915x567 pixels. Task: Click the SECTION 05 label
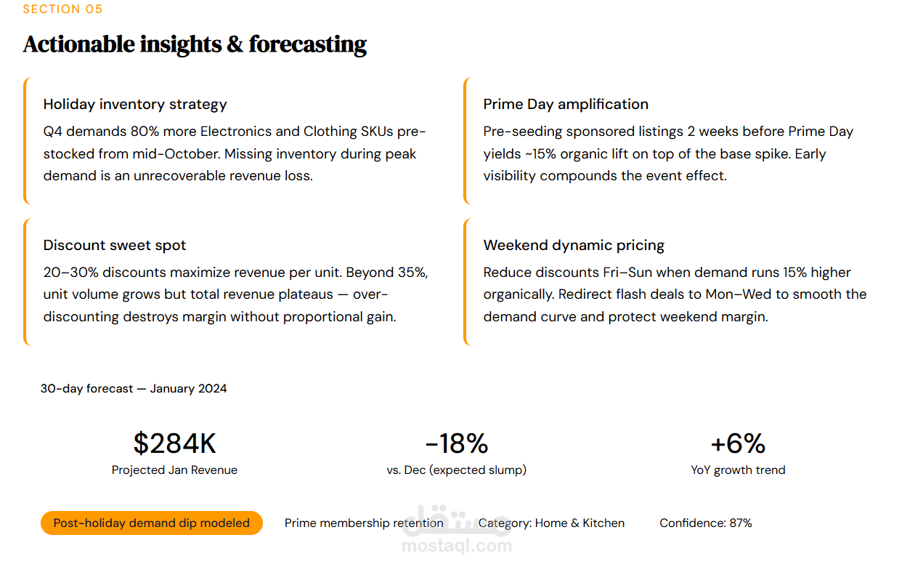coord(62,9)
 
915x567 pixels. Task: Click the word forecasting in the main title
coord(307,44)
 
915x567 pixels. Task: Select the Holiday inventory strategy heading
coord(135,104)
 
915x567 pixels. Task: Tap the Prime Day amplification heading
coord(566,104)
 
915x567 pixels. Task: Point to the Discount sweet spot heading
coord(115,245)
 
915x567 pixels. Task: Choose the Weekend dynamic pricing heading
coord(574,245)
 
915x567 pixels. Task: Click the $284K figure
coord(174,443)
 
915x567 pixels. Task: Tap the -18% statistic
coord(456,443)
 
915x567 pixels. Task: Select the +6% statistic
coord(738,443)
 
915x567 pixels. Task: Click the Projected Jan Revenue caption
coord(174,470)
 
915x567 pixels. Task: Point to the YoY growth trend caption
coord(738,470)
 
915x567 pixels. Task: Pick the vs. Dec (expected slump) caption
coord(456,470)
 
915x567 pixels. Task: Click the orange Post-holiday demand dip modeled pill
coord(151,523)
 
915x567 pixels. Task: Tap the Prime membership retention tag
coord(364,523)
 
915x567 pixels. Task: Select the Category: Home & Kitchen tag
coord(552,523)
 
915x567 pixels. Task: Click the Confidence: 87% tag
coord(705,523)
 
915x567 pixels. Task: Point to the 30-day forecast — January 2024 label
coord(134,389)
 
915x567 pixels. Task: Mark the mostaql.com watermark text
coord(456,546)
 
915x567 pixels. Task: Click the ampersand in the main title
coord(235,44)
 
